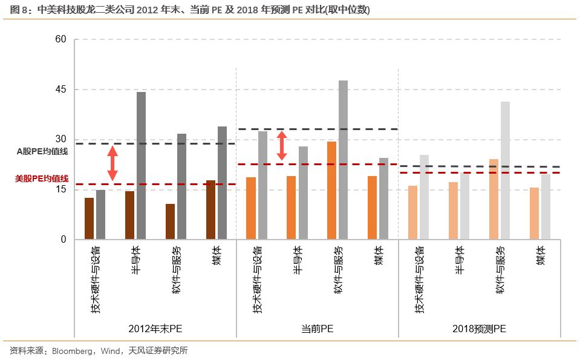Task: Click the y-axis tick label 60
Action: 60,40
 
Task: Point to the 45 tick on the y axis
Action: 60,90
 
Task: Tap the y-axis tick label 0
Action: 63,240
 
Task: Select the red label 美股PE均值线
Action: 42,178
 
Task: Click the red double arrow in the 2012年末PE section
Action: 112,163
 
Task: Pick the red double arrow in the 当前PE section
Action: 281,146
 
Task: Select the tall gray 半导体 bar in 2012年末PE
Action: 141,166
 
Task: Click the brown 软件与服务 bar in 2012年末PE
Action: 170,221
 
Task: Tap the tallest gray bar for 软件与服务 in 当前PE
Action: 343,160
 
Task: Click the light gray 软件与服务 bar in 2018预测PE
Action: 505,171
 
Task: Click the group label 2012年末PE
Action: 155,329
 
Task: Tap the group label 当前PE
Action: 317,329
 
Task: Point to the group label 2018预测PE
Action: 479,329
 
